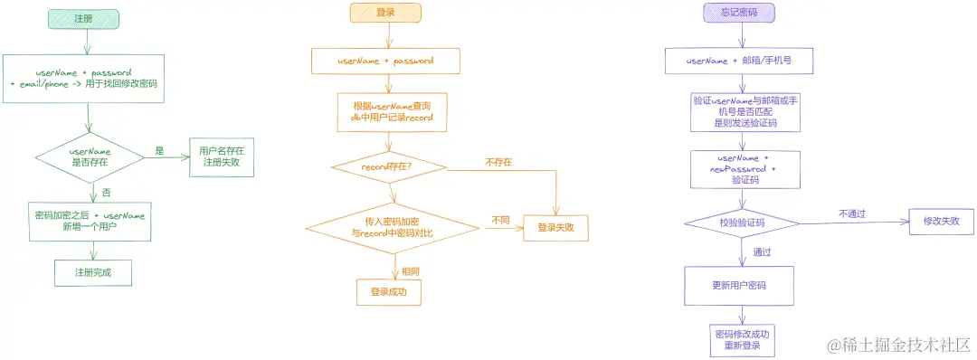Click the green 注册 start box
[87, 18]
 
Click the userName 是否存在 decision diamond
[90, 156]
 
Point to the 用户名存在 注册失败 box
[222, 156]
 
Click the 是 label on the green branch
[159, 151]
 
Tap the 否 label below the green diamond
[106, 192]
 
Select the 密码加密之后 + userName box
[90, 221]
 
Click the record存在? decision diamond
[387, 166]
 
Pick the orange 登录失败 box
[555, 227]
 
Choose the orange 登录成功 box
[389, 291]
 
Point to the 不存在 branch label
[498, 162]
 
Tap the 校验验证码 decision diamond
[741, 223]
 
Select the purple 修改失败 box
[941, 221]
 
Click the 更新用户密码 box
[738, 285]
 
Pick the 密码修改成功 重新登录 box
[740, 339]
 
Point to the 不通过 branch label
[851, 214]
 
